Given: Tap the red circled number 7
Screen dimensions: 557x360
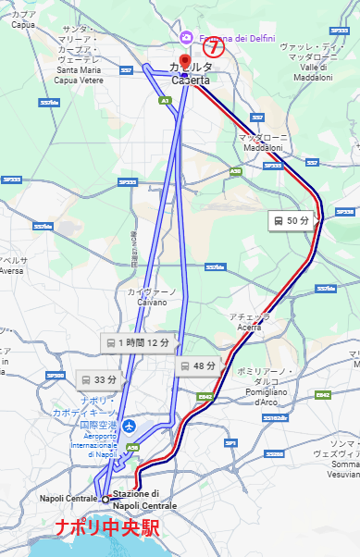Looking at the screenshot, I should point(214,45).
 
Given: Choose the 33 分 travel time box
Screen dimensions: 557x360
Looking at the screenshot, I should point(99,379).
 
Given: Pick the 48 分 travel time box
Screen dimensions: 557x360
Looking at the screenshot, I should point(198,365).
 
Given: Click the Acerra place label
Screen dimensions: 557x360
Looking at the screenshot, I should point(250,321).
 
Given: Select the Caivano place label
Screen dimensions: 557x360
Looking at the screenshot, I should point(151,296).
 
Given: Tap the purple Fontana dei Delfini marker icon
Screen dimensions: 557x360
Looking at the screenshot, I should point(187,36).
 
